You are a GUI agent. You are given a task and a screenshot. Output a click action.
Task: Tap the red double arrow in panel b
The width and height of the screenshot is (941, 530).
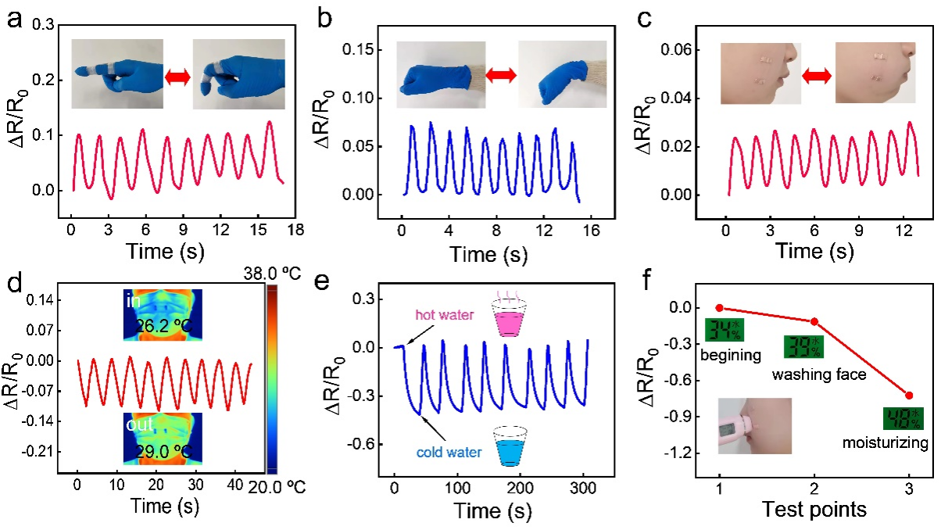[x=501, y=74]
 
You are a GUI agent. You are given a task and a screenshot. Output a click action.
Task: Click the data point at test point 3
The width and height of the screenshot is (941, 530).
[x=909, y=396]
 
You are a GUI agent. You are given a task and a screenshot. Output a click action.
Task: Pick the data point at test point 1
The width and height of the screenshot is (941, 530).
[x=720, y=308]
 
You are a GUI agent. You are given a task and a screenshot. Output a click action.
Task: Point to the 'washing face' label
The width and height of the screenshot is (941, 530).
[x=819, y=375]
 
